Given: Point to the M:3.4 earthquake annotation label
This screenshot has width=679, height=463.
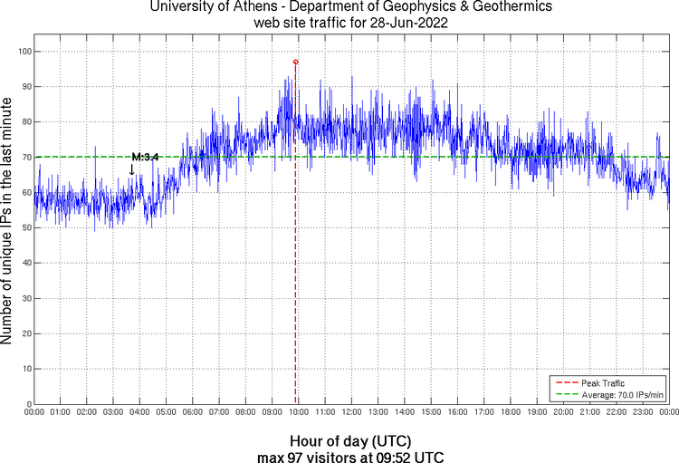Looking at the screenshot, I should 145,157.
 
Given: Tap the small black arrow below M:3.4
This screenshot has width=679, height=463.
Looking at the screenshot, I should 132,169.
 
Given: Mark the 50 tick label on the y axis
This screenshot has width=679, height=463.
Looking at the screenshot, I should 25,227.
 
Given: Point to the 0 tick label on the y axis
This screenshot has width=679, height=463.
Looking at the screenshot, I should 28,404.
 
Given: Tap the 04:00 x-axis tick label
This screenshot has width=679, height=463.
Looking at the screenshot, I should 139,413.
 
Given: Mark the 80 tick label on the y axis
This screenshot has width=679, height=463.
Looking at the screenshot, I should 25,122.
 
